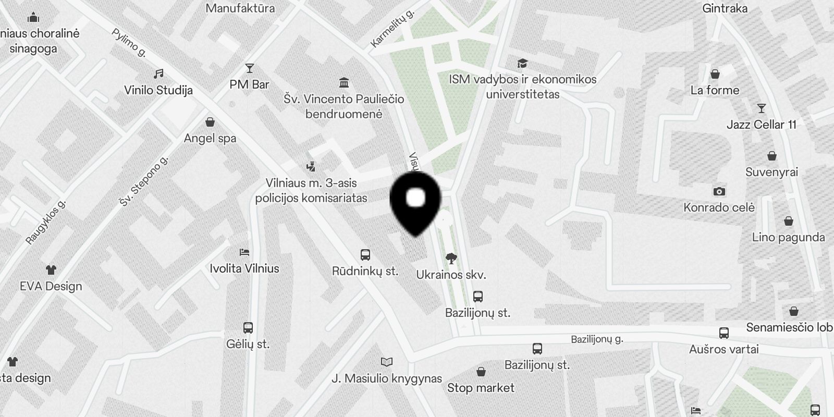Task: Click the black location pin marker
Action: [x=415, y=201]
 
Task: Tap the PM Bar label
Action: [x=249, y=84]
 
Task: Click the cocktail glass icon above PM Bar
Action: [x=250, y=68]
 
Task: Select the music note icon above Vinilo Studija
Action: [x=159, y=74]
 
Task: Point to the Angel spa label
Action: [x=210, y=139]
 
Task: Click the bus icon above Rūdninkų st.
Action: [x=365, y=255]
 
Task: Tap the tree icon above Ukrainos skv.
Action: [x=451, y=258]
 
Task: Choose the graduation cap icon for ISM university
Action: [x=522, y=64]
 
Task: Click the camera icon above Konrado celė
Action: [x=719, y=191]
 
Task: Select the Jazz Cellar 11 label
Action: [x=762, y=125]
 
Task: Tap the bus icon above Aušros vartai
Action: [x=723, y=333]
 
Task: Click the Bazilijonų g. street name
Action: [x=597, y=339]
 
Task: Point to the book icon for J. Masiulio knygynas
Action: [x=386, y=362]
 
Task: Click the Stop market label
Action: [x=481, y=388]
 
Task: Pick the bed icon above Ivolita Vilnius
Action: [x=244, y=252]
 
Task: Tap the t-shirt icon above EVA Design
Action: [x=51, y=270]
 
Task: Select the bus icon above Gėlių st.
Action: [x=248, y=328]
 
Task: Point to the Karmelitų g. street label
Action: [x=392, y=28]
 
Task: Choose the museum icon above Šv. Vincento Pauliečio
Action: [x=344, y=82]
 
